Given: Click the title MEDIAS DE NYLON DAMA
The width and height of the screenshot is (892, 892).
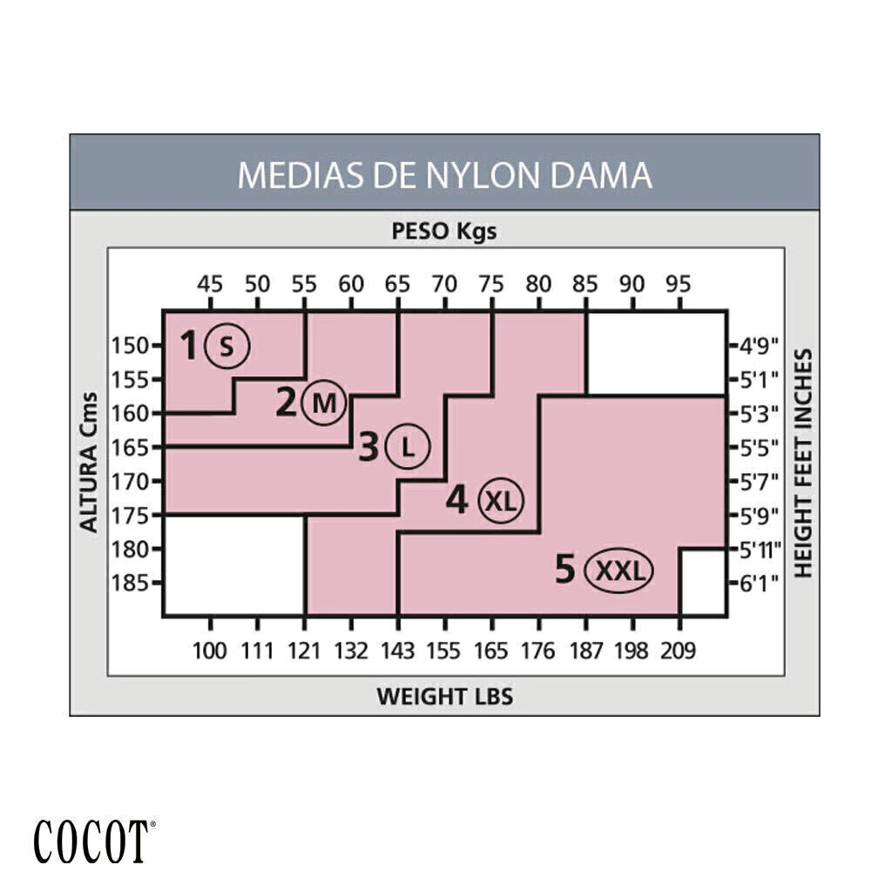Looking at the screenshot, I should click(444, 174).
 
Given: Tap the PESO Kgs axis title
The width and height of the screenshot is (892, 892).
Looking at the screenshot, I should click(444, 232).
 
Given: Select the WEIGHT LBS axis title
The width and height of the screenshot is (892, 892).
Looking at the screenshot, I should click(444, 696).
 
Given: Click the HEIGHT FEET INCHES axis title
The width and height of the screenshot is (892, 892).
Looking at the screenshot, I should click(803, 463).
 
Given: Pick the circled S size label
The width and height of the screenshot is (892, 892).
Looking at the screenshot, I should click(226, 346).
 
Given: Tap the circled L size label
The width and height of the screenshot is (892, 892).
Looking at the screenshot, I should click(407, 448).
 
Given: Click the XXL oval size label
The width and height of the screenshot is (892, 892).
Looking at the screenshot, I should click(619, 571).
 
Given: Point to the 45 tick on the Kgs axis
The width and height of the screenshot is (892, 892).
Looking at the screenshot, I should click(210, 284).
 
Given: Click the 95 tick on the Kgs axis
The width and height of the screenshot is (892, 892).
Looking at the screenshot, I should click(679, 284).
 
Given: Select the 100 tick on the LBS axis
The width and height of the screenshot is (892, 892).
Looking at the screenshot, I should click(210, 650).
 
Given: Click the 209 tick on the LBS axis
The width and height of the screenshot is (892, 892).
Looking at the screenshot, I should click(679, 650).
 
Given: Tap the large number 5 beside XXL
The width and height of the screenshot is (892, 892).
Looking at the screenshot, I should click(565, 571).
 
